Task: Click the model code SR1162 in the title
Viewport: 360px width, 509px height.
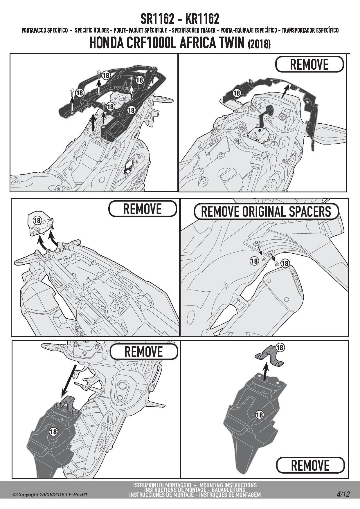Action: [x=158, y=19]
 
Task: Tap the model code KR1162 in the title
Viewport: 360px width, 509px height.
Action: [x=202, y=19]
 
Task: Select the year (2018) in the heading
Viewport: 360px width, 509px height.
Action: [x=259, y=44]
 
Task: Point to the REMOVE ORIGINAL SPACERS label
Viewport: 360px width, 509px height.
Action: [x=266, y=212]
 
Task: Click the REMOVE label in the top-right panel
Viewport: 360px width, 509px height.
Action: [x=309, y=64]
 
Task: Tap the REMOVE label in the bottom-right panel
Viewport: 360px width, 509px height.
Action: [x=310, y=465]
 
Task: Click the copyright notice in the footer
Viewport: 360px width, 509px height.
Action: [x=50, y=494]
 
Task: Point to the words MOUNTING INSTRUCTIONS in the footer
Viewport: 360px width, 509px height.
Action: [x=228, y=485]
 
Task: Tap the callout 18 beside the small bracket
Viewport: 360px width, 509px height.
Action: [x=280, y=347]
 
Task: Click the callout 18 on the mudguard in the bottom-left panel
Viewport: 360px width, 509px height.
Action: [x=53, y=432]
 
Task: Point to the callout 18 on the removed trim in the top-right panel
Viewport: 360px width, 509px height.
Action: [x=237, y=93]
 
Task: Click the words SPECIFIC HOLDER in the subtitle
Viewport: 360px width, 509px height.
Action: [x=92, y=30]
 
